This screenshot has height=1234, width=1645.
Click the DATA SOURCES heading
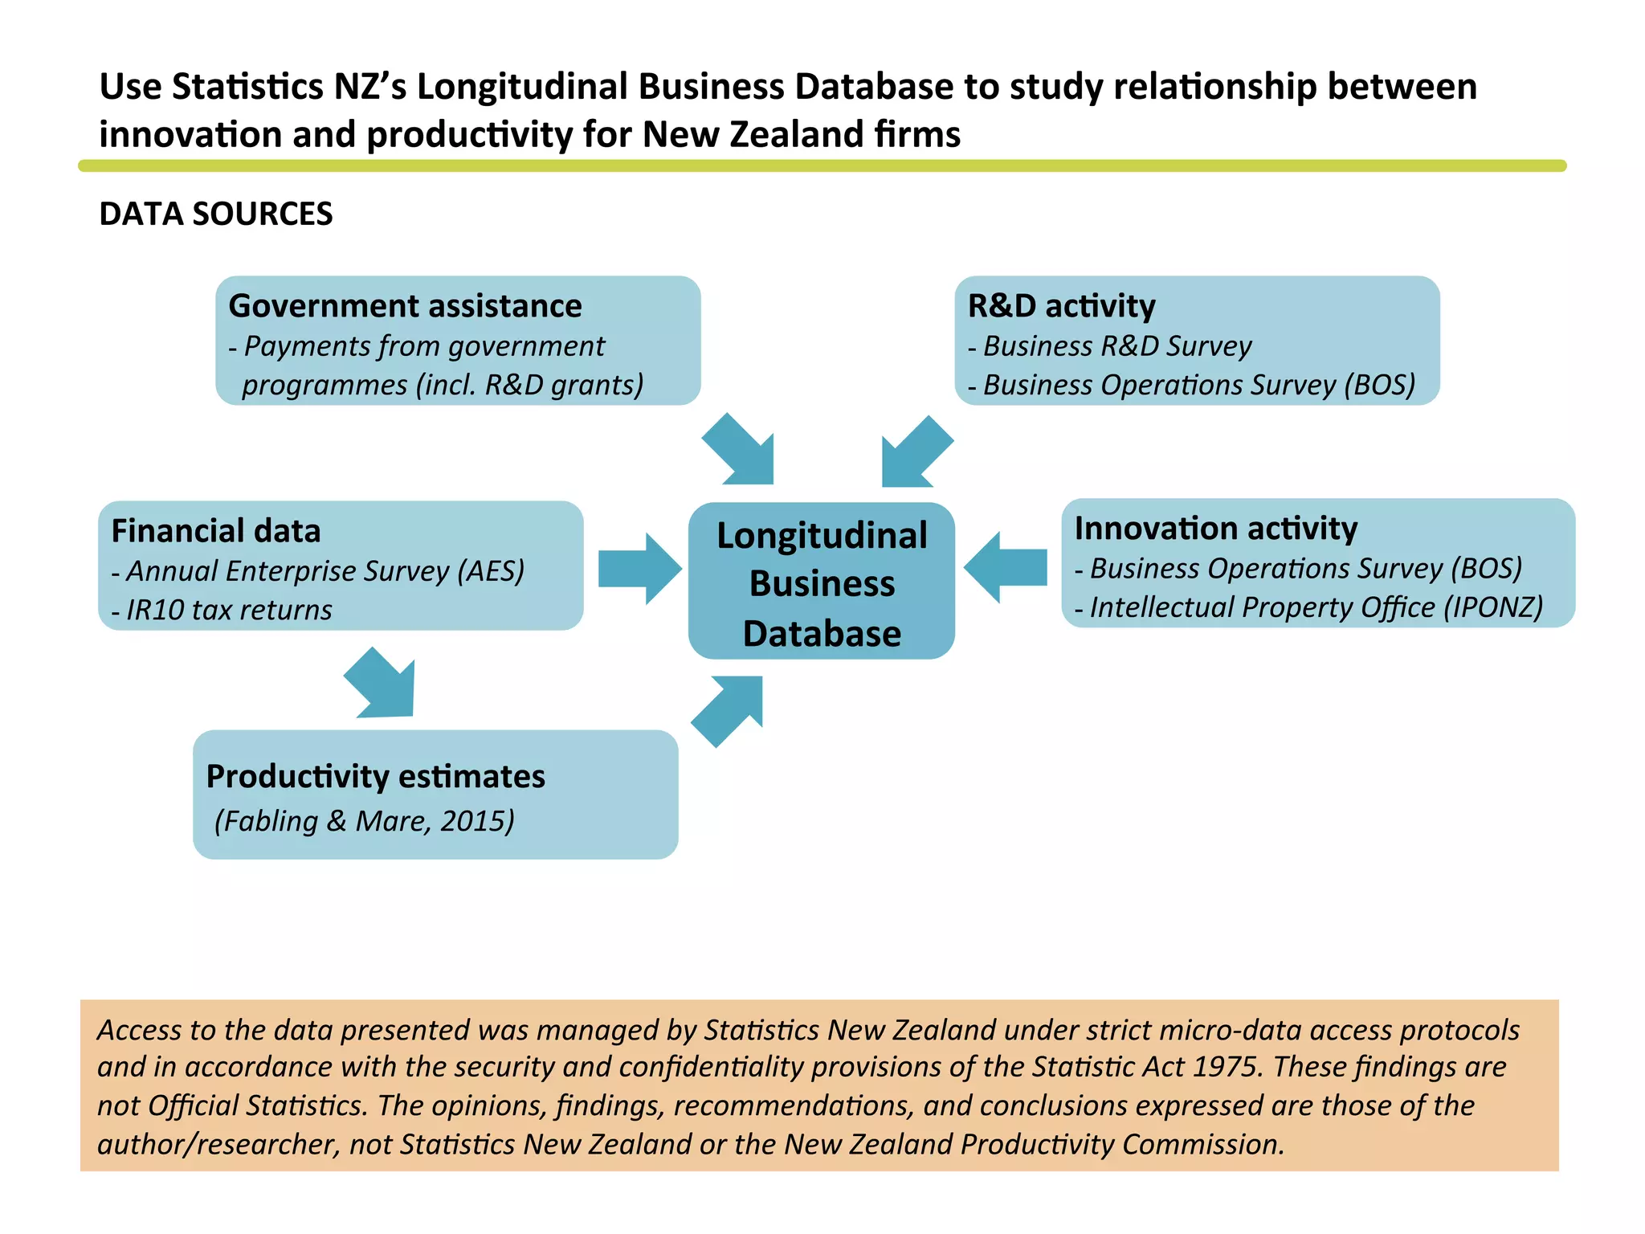(x=215, y=214)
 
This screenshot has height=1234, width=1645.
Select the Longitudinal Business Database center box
(x=821, y=582)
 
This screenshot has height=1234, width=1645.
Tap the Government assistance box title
(x=405, y=306)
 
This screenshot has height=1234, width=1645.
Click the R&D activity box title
(x=1061, y=306)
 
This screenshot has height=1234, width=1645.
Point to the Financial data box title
(x=215, y=531)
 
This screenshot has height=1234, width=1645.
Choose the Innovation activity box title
(x=1215, y=529)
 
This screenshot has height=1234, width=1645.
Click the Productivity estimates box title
(x=375, y=777)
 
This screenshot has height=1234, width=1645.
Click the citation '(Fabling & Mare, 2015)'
(x=364, y=821)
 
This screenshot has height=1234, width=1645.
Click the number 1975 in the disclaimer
(x=1224, y=1067)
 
